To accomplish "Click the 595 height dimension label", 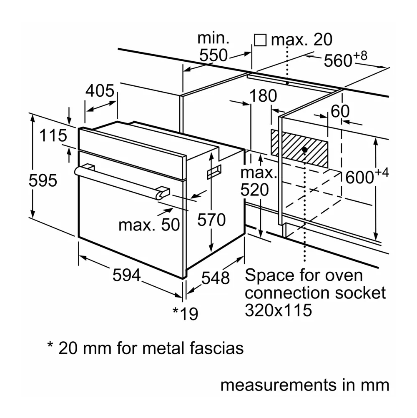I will (43, 180).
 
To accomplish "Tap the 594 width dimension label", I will (126, 275).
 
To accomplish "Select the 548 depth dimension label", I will (215, 278).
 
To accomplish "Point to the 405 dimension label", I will (100, 91).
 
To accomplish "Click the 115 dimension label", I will (53, 135).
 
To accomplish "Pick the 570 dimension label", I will (211, 219).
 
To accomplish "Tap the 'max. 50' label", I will (149, 225).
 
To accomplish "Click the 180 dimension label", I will (263, 96).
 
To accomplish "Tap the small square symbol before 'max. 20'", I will (260, 40).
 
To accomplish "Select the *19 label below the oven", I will (186, 313).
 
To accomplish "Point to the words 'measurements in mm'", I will (305, 385).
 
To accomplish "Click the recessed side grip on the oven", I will (214, 171).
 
